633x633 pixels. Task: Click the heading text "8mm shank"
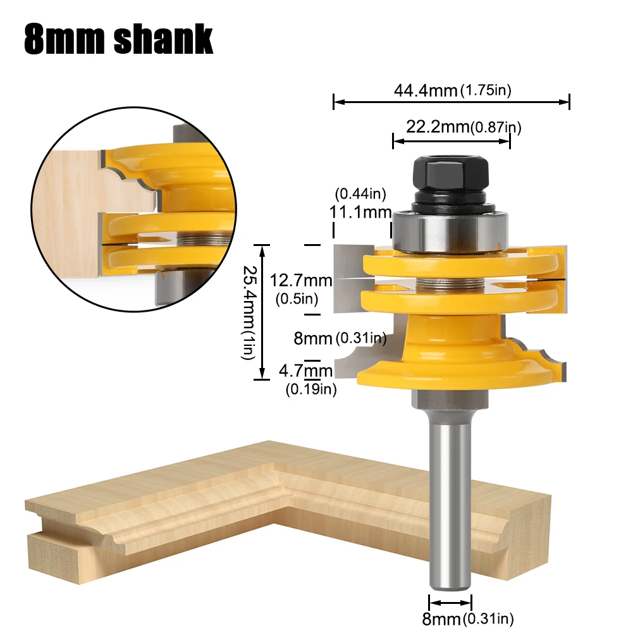click(x=118, y=39)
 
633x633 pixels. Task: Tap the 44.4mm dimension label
click(x=453, y=90)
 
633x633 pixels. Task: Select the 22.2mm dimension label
click(x=464, y=127)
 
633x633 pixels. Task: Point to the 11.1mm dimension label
click(x=360, y=212)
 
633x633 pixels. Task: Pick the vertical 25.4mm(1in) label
click(x=249, y=312)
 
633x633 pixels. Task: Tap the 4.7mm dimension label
click(x=305, y=371)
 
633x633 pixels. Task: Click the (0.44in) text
click(x=360, y=194)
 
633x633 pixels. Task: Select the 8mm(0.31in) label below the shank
click(x=468, y=618)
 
